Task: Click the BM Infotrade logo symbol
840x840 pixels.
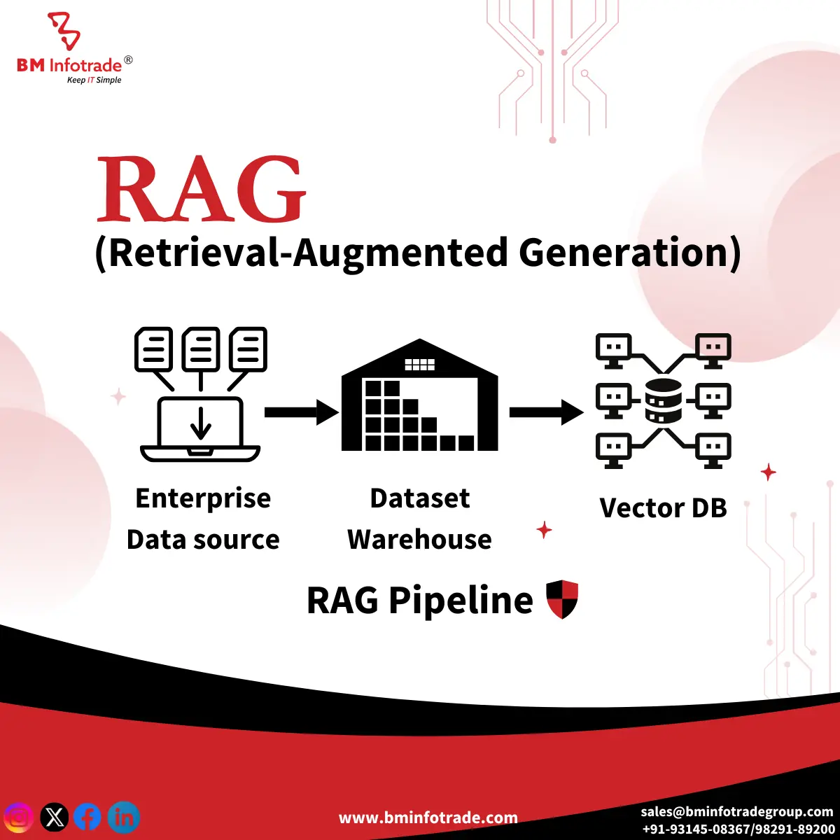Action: (x=64, y=31)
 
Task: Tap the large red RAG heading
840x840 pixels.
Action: (x=201, y=190)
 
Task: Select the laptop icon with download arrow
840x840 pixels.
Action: (x=201, y=429)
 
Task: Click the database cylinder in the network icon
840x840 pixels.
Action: (x=663, y=401)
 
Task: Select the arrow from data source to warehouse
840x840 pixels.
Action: (x=301, y=412)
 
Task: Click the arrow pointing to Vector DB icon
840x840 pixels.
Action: (x=546, y=412)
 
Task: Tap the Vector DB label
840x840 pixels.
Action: (x=663, y=508)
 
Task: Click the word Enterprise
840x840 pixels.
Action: (x=203, y=498)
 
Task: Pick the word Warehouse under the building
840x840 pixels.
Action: (x=419, y=540)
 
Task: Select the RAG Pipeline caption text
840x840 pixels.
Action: (x=419, y=601)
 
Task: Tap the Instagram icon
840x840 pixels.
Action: (x=19, y=817)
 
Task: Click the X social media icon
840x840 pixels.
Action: (x=55, y=817)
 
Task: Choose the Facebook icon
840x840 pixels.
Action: (x=88, y=817)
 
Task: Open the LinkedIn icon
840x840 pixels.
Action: (x=124, y=817)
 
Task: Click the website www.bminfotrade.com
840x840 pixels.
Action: (x=428, y=818)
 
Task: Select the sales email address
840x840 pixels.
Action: (x=736, y=812)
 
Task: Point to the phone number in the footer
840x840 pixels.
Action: (x=738, y=829)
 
